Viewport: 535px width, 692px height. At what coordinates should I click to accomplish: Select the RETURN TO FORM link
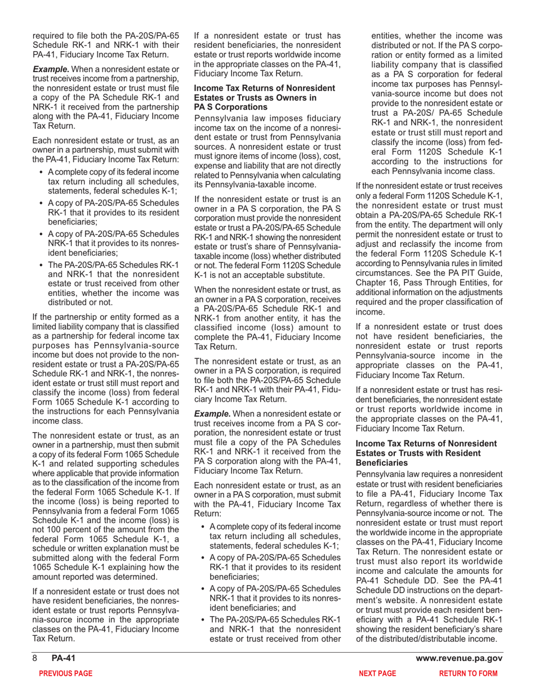coord(468,673)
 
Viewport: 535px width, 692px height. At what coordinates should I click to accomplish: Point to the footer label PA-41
coord(63,659)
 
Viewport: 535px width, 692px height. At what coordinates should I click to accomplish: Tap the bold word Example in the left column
coord(51,69)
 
